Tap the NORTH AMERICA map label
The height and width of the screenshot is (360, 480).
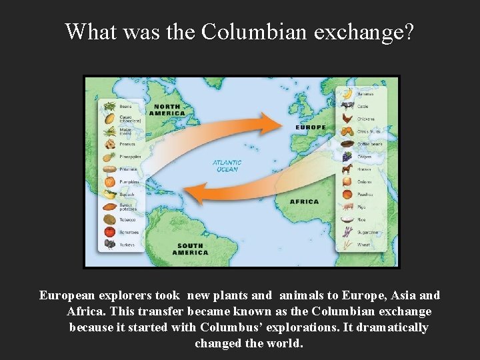click(167, 109)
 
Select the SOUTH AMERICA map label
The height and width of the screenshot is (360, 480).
click(190, 249)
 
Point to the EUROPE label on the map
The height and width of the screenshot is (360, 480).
click(311, 127)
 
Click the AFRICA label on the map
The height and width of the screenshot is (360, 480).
click(304, 201)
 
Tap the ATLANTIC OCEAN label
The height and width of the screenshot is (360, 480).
click(227, 165)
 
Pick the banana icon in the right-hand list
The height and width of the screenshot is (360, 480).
click(347, 93)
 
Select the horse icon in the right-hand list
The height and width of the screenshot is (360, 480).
click(347, 169)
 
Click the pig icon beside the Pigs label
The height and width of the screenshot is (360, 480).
click(347, 207)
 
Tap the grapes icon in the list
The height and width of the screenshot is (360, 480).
click(347, 156)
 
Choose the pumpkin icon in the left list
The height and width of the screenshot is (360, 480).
click(110, 181)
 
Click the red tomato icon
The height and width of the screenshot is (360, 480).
click(110, 232)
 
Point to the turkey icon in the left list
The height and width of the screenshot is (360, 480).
click(110, 245)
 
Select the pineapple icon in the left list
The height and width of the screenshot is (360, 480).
click(110, 157)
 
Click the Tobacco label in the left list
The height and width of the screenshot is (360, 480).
click(127, 219)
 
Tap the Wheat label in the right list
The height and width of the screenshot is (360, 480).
click(364, 245)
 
